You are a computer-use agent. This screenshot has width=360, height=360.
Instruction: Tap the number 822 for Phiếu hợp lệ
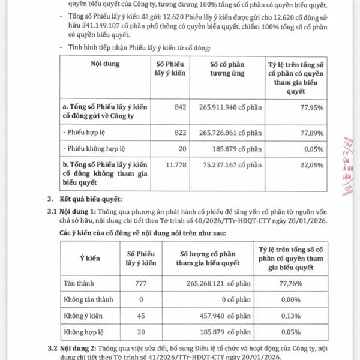pos(163,130)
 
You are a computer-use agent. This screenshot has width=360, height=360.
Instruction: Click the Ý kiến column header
pos(89,258)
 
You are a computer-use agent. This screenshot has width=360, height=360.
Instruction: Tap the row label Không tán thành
pos(86,299)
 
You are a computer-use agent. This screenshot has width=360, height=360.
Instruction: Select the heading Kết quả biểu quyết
pos(91,198)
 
